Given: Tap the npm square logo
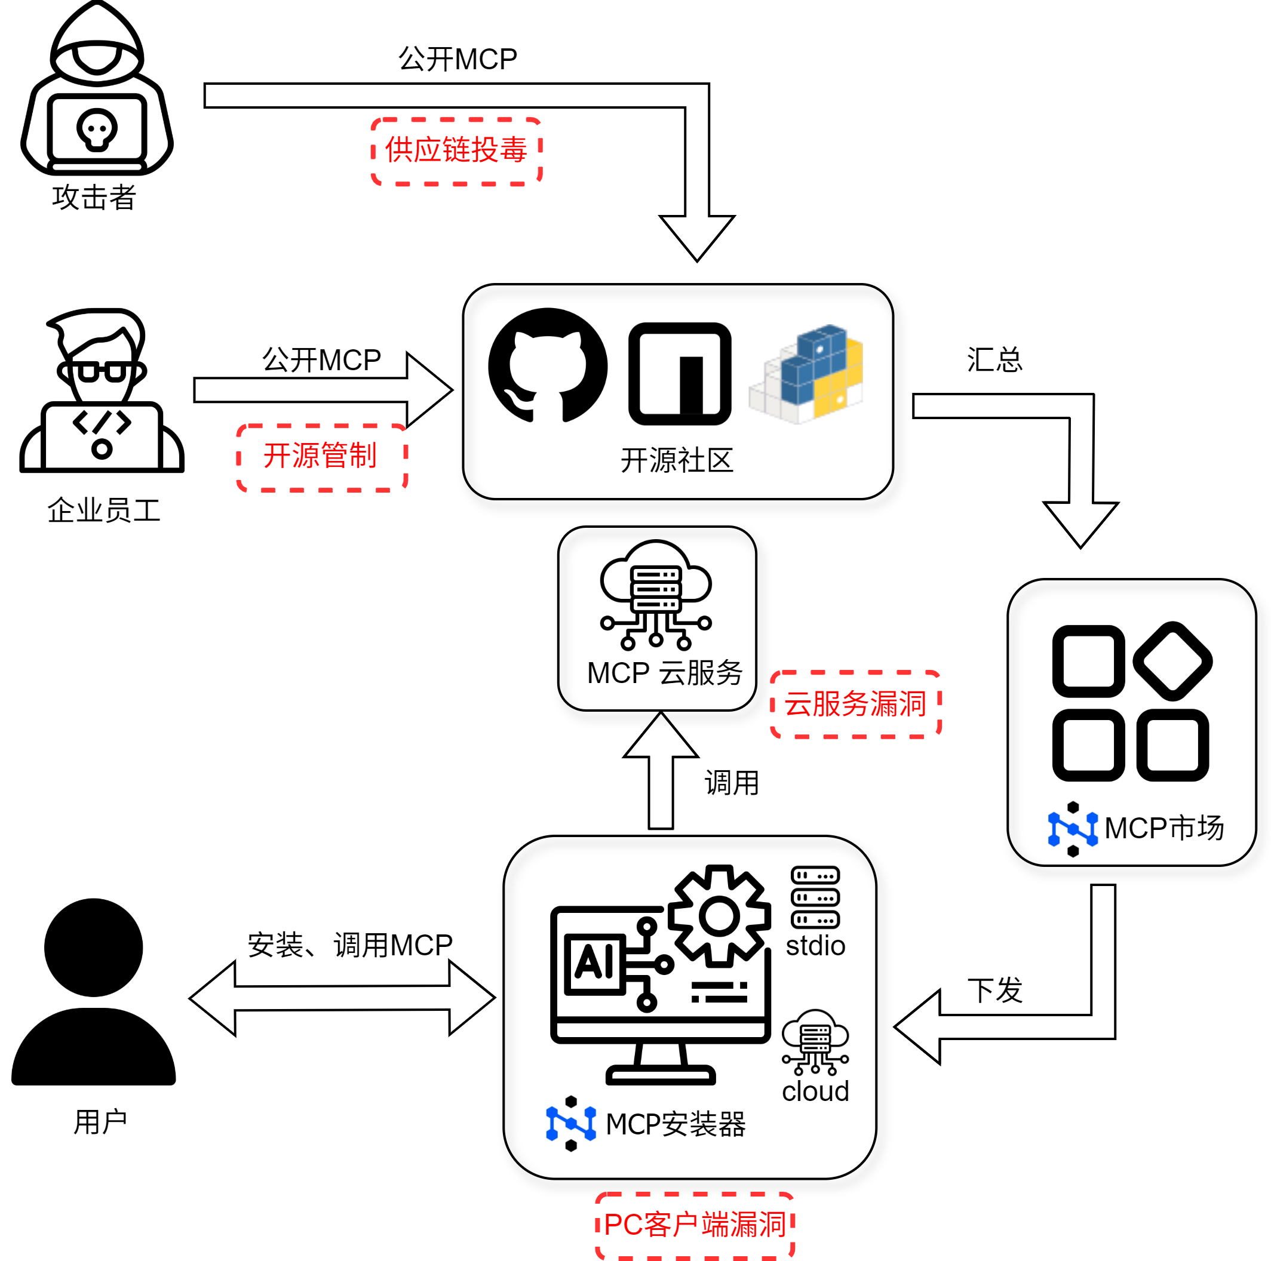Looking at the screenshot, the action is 680,374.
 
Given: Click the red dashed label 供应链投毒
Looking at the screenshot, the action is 456,151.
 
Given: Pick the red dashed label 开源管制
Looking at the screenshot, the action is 321,457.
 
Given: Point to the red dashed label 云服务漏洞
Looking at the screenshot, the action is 855,704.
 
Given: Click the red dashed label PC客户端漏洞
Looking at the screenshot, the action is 695,1225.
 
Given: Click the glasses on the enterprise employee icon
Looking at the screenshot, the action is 102,371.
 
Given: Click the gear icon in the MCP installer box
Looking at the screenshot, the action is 719,916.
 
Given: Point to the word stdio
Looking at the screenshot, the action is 815,946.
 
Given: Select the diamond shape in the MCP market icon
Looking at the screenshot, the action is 1172,661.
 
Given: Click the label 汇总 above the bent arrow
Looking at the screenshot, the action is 994,360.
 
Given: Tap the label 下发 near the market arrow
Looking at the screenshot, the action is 994,990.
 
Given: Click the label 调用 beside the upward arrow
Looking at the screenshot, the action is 732,783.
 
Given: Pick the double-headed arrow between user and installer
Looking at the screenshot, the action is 342,998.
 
